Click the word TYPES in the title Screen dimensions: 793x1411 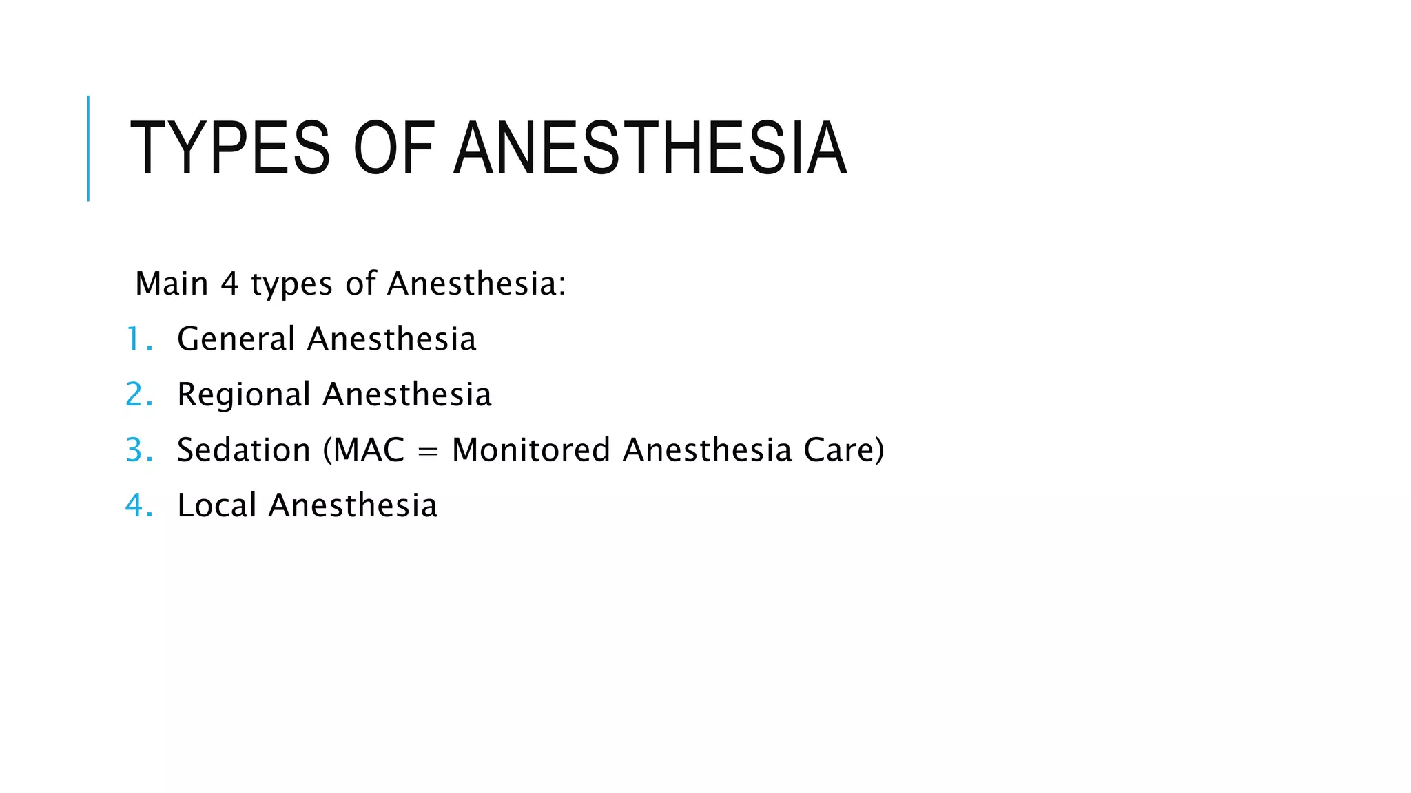230,149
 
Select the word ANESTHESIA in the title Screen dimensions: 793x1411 650,149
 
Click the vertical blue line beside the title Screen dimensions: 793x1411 88,149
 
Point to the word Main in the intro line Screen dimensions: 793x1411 172,284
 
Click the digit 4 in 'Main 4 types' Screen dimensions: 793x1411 229,284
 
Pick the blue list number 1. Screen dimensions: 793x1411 134,339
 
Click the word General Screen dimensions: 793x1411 236,339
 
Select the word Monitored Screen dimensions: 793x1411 531,450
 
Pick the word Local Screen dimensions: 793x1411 217,505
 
